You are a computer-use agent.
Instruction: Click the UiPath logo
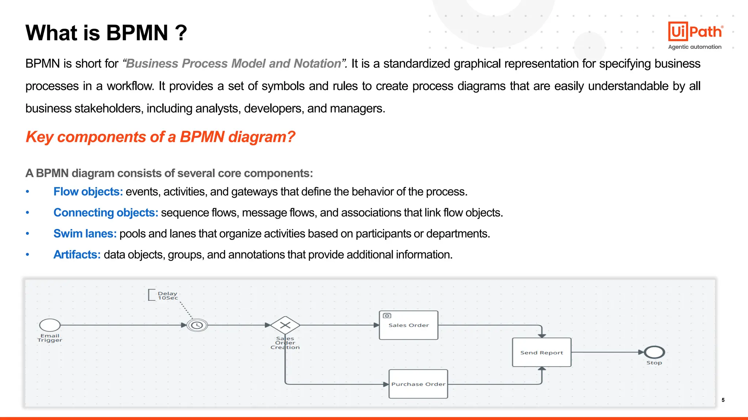click(695, 31)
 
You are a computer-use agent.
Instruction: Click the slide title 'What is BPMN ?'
click(106, 33)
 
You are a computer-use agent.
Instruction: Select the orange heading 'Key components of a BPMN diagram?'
click(160, 137)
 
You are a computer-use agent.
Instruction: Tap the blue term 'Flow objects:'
click(88, 192)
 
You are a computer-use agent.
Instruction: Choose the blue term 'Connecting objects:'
click(106, 213)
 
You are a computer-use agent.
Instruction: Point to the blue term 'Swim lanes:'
click(85, 234)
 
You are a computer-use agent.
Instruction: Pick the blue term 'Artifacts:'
click(77, 254)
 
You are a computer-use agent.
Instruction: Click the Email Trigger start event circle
click(50, 325)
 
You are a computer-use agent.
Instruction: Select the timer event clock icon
click(197, 325)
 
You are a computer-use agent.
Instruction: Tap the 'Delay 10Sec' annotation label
click(167, 296)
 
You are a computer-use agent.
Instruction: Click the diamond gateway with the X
click(285, 325)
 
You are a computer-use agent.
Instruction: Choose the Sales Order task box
click(408, 325)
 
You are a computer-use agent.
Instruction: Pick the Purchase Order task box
click(418, 384)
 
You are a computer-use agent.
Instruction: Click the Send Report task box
click(542, 353)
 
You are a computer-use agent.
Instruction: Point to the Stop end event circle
click(654, 352)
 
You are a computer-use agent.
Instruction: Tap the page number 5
click(723, 400)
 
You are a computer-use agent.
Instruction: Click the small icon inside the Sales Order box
click(387, 316)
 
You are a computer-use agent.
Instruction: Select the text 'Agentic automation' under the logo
click(695, 47)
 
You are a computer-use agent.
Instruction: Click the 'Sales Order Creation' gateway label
click(285, 343)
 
